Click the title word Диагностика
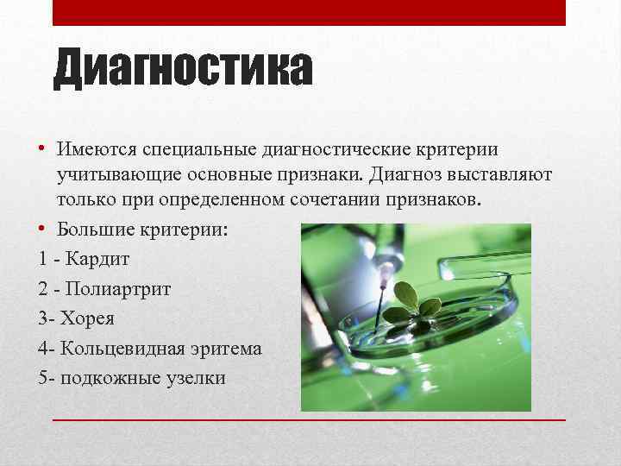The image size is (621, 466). (x=182, y=70)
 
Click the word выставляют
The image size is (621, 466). (x=503, y=175)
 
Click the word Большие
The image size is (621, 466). (x=96, y=230)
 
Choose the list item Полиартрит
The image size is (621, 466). (x=122, y=288)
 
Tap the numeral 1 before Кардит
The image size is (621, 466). (x=43, y=258)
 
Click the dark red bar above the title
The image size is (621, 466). (x=309, y=12)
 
